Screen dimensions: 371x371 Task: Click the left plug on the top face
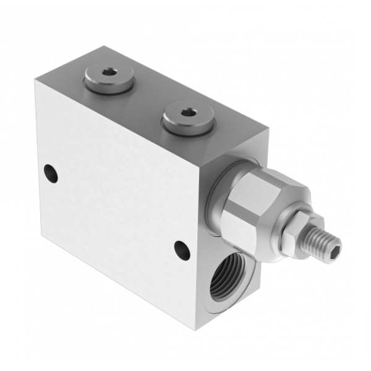(109, 81)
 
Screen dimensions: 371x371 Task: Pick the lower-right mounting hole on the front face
(181, 249)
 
